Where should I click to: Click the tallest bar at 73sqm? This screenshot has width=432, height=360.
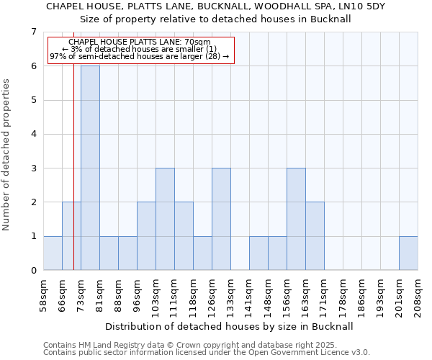coord(90,168)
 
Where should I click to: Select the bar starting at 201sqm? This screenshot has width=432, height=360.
coord(408,253)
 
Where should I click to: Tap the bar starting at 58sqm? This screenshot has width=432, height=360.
coord(53,253)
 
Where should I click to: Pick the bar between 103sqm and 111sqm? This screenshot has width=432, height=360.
coord(165,219)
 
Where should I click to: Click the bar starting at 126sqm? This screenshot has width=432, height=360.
coord(221,219)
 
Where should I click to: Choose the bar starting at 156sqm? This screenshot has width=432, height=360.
coord(296,219)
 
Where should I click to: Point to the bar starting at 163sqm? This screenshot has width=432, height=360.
coord(315,236)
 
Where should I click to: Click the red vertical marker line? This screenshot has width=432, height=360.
coord(73,180)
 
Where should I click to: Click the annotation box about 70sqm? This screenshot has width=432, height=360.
coord(141,50)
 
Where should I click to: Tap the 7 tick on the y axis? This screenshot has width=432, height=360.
coord(33,32)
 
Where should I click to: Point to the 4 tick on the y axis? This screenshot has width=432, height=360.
coord(33,134)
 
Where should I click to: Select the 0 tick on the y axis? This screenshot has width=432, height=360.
coord(33,271)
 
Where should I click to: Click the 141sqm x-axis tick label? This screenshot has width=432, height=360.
coord(249,295)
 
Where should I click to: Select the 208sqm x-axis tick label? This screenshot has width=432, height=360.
coord(418,295)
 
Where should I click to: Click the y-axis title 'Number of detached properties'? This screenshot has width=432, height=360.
coord(7,155)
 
